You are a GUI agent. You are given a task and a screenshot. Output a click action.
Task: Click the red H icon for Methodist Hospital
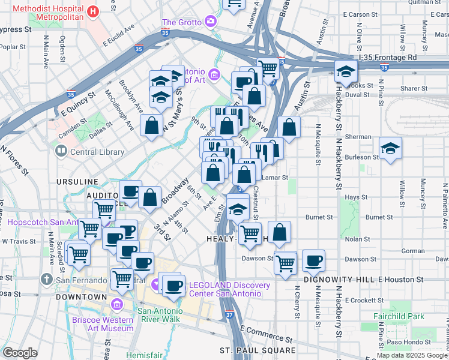[x=92, y=11]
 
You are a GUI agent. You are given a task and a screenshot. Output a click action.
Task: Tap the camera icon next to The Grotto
[x=210, y=23]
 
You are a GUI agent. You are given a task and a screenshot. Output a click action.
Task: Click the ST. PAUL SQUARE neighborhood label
[x=257, y=350]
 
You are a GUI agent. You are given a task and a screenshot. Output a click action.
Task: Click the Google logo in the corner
[x=20, y=353]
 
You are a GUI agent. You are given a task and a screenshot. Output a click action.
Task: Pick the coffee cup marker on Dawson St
[x=313, y=261]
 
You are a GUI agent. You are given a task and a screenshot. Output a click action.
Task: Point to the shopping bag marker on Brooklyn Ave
[x=152, y=125]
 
